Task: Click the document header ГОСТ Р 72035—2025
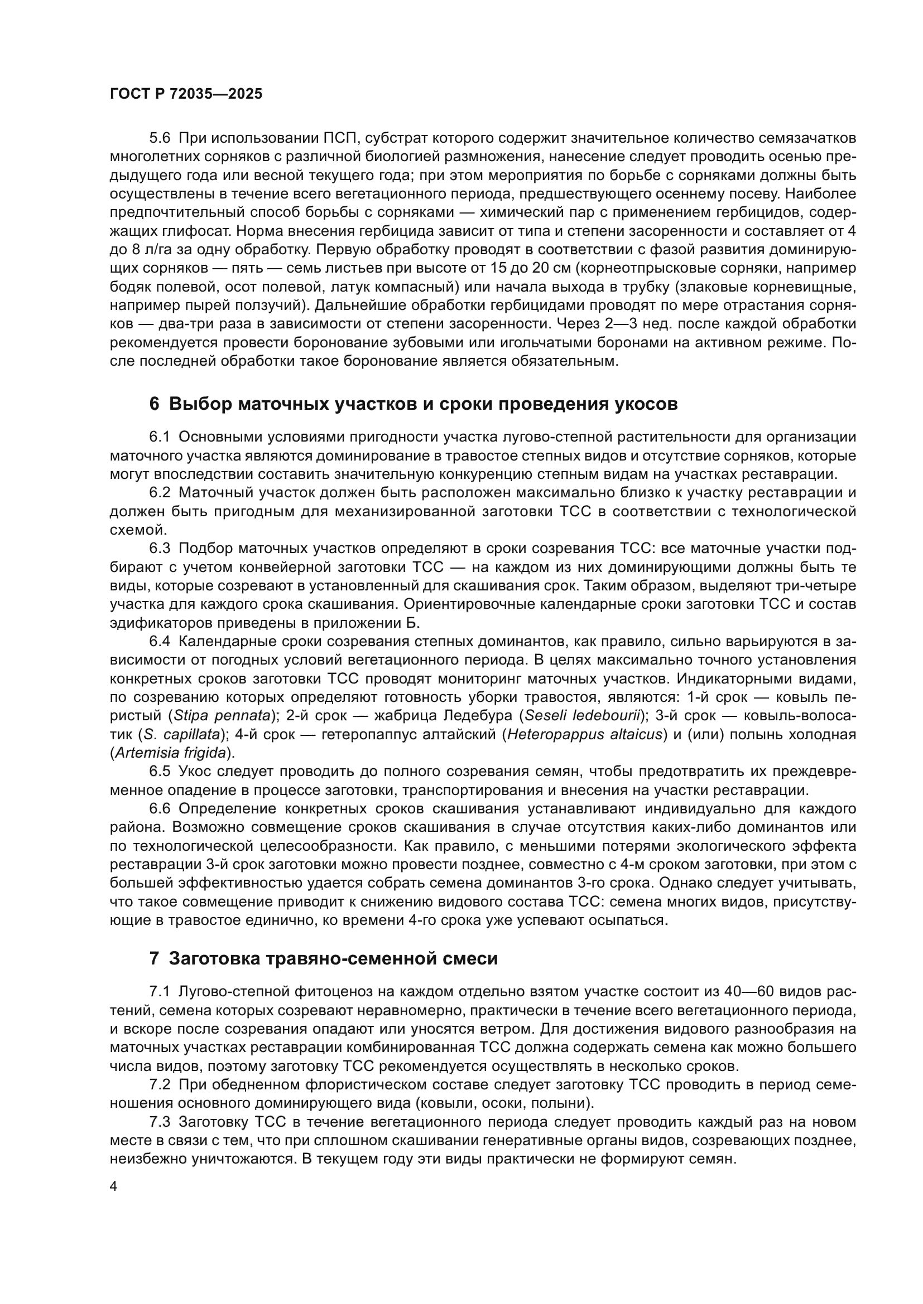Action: click(186, 94)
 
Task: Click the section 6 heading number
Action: click(154, 404)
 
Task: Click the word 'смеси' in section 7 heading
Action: click(473, 959)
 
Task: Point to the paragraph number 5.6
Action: click(160, 138)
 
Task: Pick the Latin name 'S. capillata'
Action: click(182, 734)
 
